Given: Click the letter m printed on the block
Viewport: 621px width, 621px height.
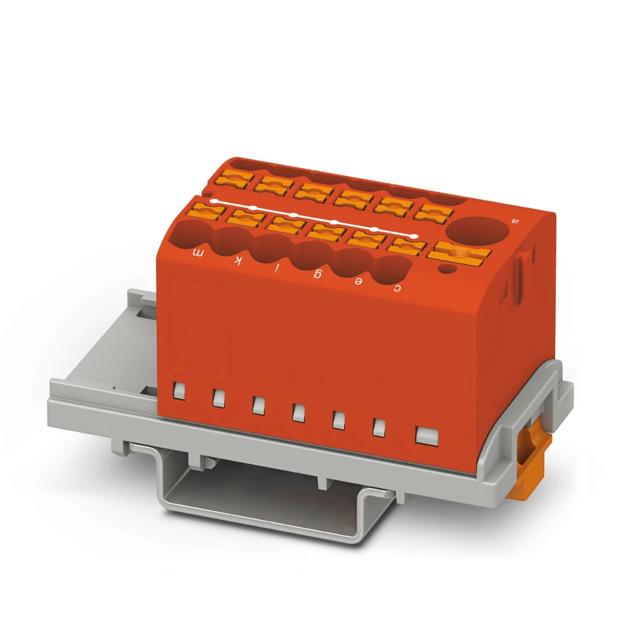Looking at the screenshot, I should tap(199, 252).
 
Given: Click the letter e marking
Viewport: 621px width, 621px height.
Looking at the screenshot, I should tap(358, 281).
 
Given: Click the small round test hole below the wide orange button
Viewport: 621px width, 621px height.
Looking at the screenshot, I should tap(446, 269).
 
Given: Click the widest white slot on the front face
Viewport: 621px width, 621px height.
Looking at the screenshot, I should tap(426, 435).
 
